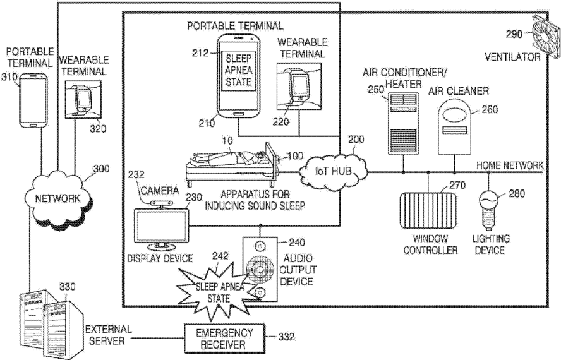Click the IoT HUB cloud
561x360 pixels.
pos(333,171)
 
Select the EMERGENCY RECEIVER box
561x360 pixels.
pos(224,339)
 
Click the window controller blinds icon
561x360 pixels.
pos(428,210)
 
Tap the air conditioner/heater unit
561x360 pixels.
pos(403,123)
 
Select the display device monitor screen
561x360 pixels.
pos(161,226)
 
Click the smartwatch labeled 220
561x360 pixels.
pos(299,87)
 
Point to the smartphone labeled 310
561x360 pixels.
pos(33,100)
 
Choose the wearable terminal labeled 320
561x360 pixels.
pos(83,99)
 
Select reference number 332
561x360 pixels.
pos(286,337)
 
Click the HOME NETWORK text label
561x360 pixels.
pos(510,165)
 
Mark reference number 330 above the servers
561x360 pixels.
pos(67,287)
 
